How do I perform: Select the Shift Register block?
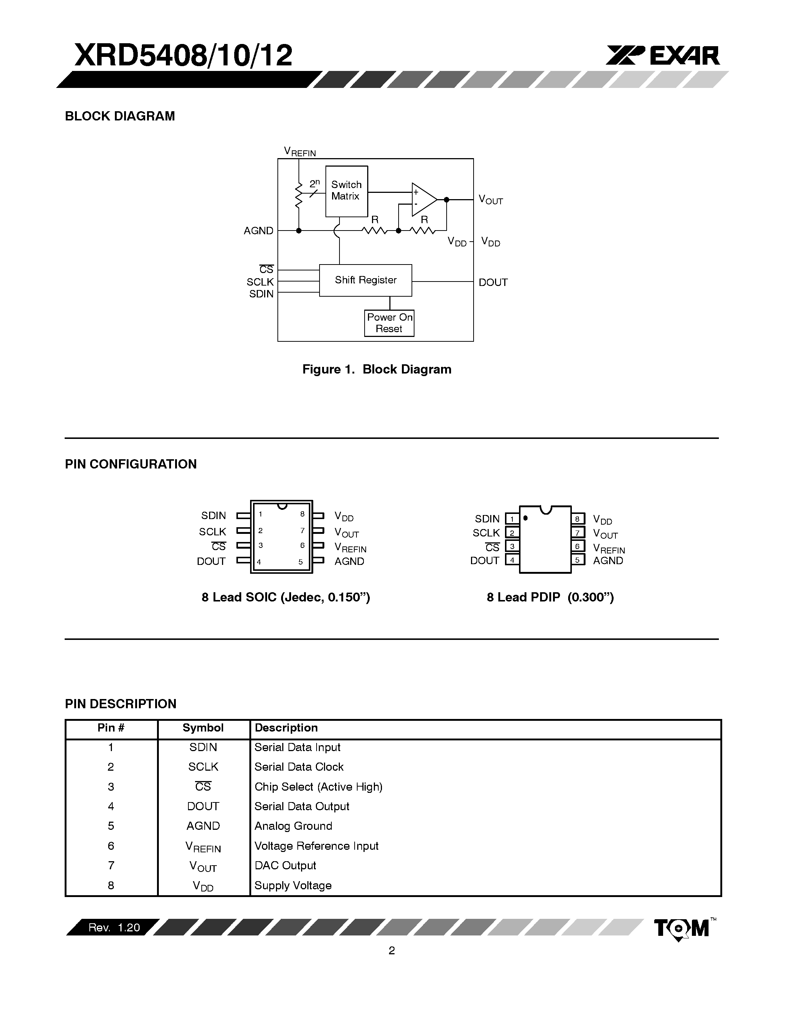click(x=365, y=280)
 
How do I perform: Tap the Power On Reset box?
click(x=389, y=323)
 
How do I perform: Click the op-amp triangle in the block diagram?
click(x=423, y=200)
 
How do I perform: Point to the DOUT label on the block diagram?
click(x=493, y=282)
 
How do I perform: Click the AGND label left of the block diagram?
click(x=258, y=231)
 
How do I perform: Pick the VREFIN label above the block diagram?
click(x=300, y=151)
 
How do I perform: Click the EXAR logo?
click(x=663, y=56)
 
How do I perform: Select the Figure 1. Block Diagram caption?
click(x=377, y=369)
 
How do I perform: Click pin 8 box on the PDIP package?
click(x=577, y=519)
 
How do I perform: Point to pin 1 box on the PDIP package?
click(x=512, y=519)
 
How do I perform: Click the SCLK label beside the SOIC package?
click(x=212, y=532)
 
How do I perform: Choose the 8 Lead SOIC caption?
click(x=286, y=597)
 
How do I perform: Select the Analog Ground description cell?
click(x=293, y=826)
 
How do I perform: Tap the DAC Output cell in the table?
click(x=285, y=865)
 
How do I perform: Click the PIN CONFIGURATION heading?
click(x=131, y=464)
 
